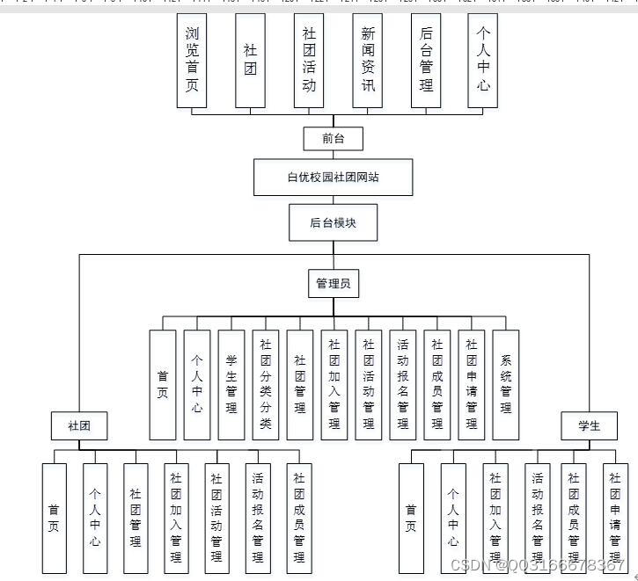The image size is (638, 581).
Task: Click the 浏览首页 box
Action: point(192,60)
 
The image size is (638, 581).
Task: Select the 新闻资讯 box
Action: point(367,60)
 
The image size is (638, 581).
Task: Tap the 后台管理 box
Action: point(426,60)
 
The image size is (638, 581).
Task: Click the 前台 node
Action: point(333,138)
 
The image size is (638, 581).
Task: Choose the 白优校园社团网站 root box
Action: point(334,178)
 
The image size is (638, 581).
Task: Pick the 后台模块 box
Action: point(333,222)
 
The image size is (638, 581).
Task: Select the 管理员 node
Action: point(334,284)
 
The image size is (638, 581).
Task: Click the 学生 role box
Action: point(589,426)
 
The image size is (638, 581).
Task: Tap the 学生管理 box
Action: point(231,384)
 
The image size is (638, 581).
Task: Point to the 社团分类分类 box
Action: point(266,384)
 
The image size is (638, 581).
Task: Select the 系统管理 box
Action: point(506,384)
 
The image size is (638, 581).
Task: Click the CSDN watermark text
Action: point(538,565)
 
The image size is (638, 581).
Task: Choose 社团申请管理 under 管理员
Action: point(472,384)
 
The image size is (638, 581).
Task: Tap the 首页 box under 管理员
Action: point(163,384)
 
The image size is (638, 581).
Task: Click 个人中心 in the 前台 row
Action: point(483,60)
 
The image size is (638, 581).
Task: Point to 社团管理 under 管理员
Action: point(300,384)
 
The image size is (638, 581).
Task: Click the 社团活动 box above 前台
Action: point(309,60)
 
